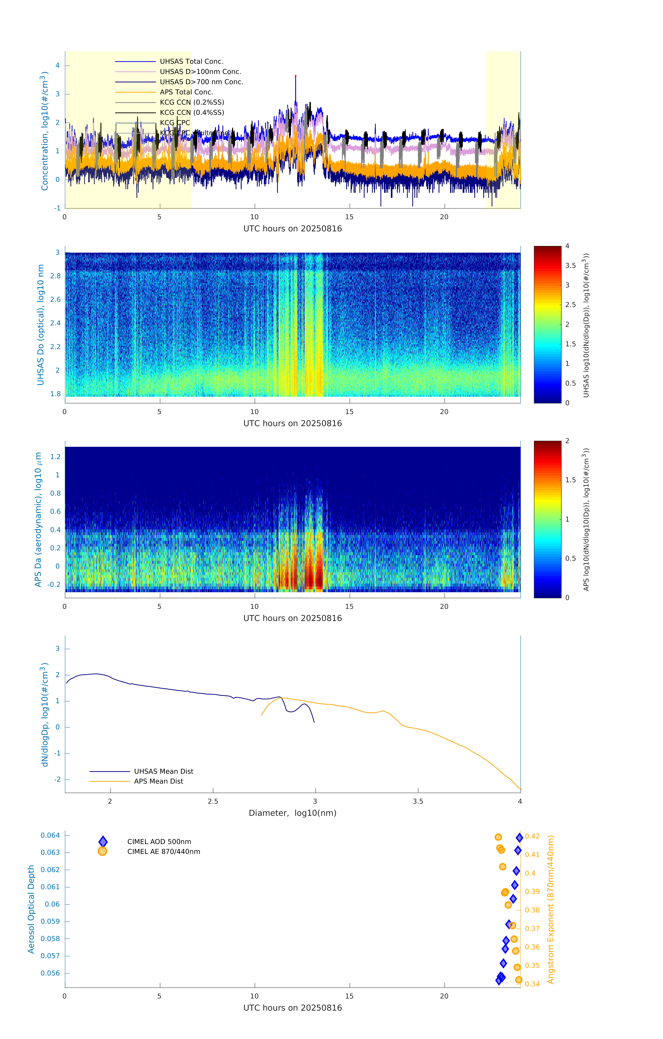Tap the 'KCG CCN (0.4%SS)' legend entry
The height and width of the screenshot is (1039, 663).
tap(192, 113)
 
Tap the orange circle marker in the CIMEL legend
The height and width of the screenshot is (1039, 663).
tap(102, 851)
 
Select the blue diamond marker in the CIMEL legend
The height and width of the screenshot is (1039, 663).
tap(103, 841)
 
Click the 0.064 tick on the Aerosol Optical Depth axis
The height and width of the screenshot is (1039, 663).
tap(51, 835)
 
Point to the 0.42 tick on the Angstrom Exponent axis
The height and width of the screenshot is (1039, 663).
tap(532, 836)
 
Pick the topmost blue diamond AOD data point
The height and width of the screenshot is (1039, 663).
tap(519, 837)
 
